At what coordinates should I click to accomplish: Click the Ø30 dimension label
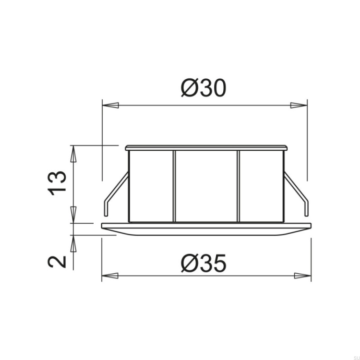204,88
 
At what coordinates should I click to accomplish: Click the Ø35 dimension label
204,263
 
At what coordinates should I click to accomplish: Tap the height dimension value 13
57,183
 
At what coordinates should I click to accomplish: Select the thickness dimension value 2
57,262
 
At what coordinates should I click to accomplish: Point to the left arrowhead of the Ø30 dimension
111,106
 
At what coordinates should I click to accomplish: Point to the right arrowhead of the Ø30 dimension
299,106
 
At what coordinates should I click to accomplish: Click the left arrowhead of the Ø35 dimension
110,276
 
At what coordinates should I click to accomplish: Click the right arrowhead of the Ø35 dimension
303,276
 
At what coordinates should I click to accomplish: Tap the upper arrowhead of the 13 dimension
73,154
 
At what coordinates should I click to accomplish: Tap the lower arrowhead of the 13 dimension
73,215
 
